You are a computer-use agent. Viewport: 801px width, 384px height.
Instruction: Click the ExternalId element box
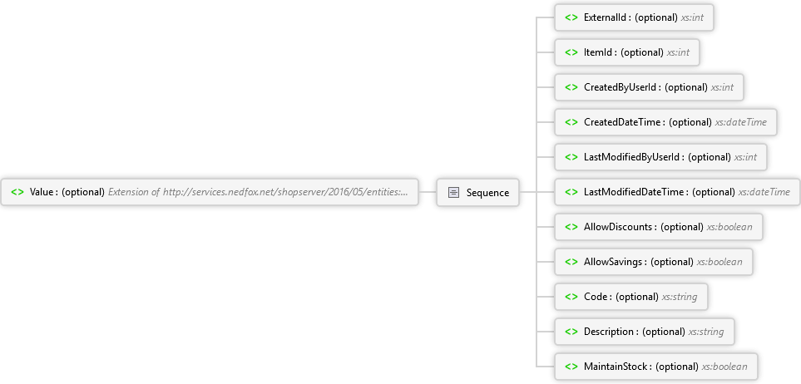(634, 17)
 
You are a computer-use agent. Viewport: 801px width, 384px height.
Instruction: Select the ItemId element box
(627, 52)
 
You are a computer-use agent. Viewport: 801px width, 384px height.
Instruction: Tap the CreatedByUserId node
(649, 87)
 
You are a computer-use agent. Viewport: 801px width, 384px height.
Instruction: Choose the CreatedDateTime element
(665, 122)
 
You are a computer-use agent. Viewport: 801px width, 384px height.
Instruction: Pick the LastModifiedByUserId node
(660, 157)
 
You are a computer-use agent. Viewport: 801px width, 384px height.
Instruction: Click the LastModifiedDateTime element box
(677, 192)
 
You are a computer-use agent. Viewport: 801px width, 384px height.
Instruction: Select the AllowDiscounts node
(659, 227)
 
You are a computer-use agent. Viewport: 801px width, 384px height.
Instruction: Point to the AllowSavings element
(654, 262)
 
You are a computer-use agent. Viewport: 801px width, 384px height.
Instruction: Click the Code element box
(630, 297)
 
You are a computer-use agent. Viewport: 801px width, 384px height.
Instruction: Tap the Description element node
(644, 332)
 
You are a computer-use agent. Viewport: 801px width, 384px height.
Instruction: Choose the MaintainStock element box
(656, 366)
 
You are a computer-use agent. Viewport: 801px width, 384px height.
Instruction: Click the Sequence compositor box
(477, 192)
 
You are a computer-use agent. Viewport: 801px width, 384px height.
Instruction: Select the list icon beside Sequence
(453, 193)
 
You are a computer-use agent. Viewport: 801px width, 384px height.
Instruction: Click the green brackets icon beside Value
(17, 192)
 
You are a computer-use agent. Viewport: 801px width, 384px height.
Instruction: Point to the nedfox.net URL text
(285, 192)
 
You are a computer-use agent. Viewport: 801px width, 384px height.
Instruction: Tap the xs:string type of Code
(680, 297)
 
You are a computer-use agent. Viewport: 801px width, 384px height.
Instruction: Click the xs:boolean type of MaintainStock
(724, 366)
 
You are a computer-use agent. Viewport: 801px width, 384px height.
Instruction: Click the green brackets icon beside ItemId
(571, 52)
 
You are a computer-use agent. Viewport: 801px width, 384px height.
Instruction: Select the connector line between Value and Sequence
(428, 192)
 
